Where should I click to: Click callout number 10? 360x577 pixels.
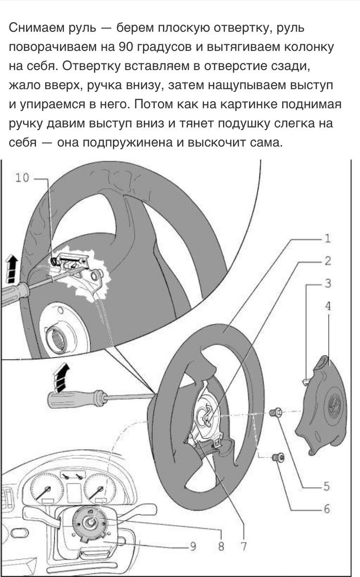pos(22,178)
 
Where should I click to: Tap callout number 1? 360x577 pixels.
pos(327,238)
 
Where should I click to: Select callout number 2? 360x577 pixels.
pos(327,261)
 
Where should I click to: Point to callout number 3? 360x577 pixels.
pos(327,284)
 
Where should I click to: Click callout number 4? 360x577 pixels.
pos(327,305)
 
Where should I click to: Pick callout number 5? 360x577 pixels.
pos(327,487)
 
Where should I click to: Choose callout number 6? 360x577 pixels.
pos(327,508)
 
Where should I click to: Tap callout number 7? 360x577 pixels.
pos(244,546)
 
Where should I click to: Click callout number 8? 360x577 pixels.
pos(221,546)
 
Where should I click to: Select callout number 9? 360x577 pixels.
pos(192,546)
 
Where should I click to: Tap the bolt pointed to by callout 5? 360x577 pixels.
pos(276,412)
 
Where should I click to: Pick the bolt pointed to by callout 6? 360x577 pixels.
pos(277,458)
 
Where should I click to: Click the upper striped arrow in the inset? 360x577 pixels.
pos(12,269)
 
